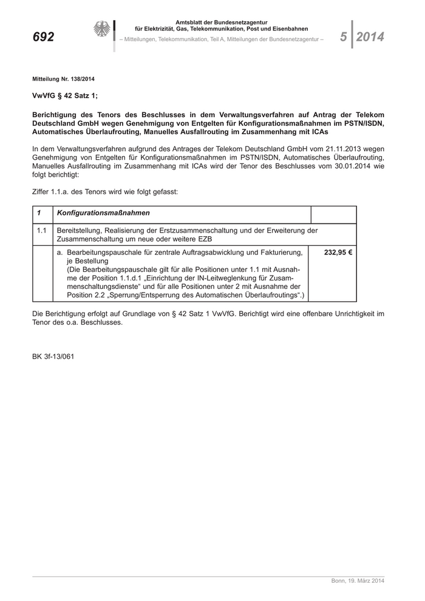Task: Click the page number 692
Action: coord(43,37)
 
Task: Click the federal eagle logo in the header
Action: coord(101,29)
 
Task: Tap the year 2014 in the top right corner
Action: coord(370,37)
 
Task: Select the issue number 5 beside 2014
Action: coord(344,37)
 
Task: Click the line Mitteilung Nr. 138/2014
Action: coord(63,80)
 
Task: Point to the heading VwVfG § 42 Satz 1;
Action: coord(64,96)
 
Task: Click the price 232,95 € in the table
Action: coord(338,252)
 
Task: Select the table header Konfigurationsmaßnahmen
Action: coord(103,214)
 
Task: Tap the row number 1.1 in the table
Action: coord(41,231)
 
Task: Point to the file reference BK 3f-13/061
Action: coord(53,356)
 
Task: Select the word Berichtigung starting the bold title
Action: coord(56,114)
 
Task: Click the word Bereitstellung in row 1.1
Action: coord(79,231)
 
